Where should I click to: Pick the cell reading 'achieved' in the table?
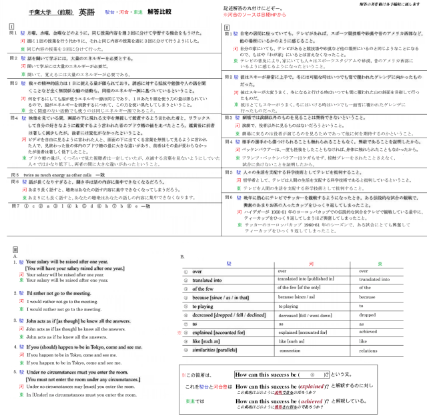(369, 331)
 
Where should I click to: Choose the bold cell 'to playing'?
(203, 305)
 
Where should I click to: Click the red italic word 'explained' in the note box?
(311, 386)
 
